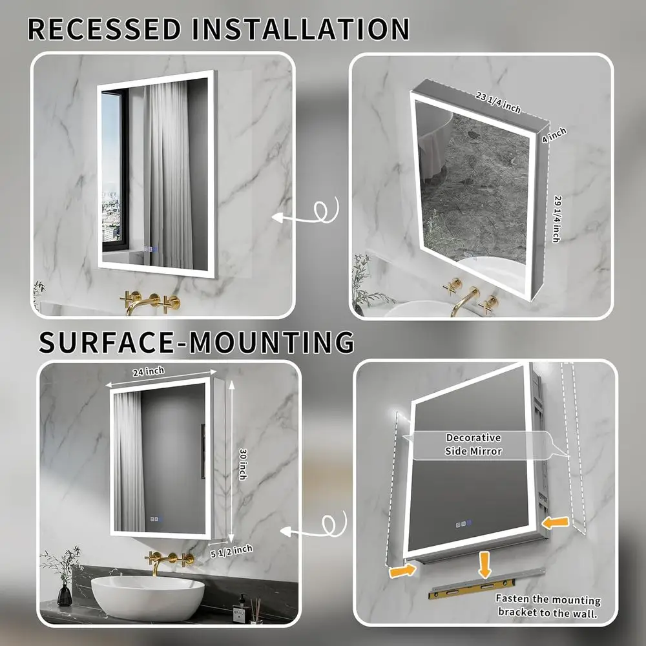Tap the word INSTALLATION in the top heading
click(307, 30)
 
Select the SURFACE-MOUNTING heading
click(197, 342)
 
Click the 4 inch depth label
click(554, 135)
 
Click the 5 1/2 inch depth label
click(231, 550)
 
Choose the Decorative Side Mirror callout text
click(474, 444)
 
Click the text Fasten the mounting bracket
click(548, 607)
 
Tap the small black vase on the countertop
click(65, 594)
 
